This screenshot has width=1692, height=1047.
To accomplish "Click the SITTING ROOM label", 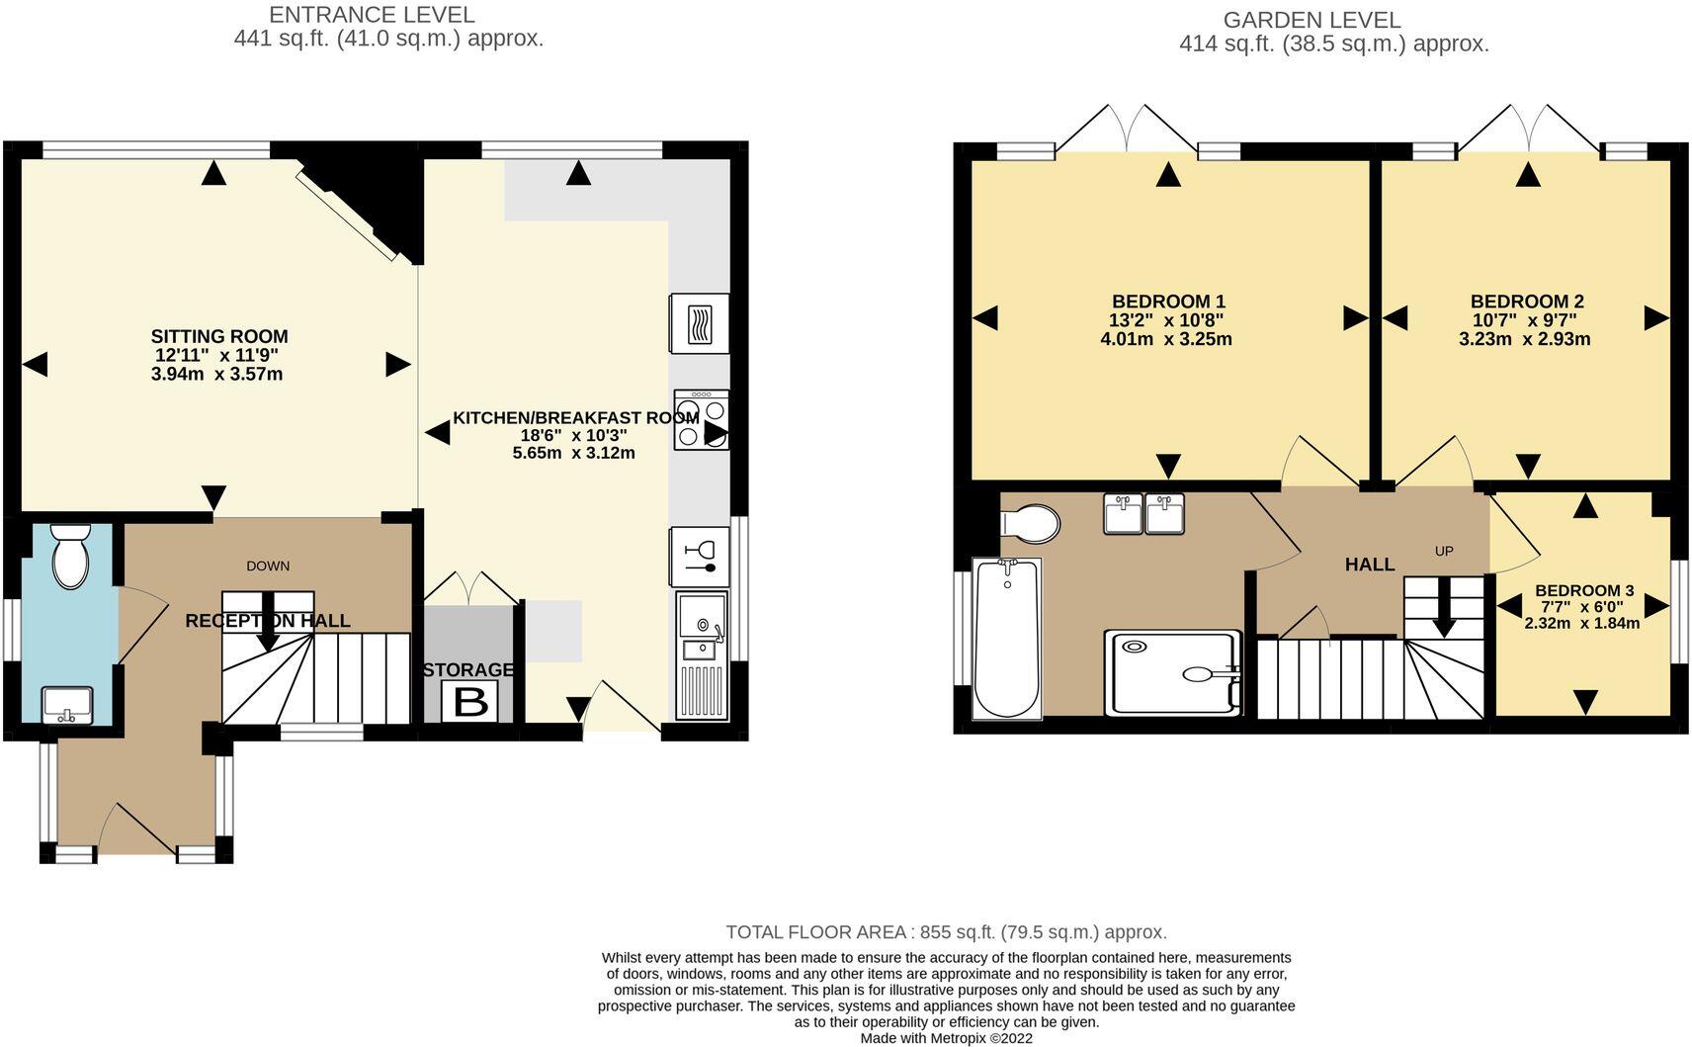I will [x=219, y=336].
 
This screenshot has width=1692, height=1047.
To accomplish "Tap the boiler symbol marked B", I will [x=470, y=703].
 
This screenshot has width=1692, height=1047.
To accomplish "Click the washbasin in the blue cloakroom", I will [x=67, y=705].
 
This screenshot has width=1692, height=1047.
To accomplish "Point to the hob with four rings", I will [x=702, y=420].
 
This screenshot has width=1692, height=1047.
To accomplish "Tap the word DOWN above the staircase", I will [x=268, y=566].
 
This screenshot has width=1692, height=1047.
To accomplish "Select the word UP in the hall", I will [x=1444, y=551].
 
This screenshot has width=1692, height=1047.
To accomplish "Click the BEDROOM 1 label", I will [x=1168, y=302].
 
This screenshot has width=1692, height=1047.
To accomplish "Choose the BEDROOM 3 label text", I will [x=1584, y=590].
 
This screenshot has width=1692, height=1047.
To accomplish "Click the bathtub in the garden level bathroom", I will [x=1007, y=638].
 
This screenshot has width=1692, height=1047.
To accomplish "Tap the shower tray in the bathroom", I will [x=1174, y=672].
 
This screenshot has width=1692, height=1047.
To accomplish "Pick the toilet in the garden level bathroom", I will [x=1029, y=523].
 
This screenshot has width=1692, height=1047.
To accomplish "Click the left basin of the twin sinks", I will [x=1123, y=514].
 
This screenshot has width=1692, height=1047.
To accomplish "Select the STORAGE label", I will [x=468, y=669].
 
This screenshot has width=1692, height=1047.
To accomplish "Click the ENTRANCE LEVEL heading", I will [x=372, y=15].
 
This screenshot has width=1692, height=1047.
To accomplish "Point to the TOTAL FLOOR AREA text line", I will [x=946, y=931].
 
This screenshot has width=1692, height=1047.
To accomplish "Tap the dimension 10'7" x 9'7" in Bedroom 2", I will [x=1525, y=320].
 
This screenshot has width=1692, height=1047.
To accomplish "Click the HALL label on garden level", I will [x=1369, y=565].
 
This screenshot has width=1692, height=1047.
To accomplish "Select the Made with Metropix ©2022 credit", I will [x=946, y=1038].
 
